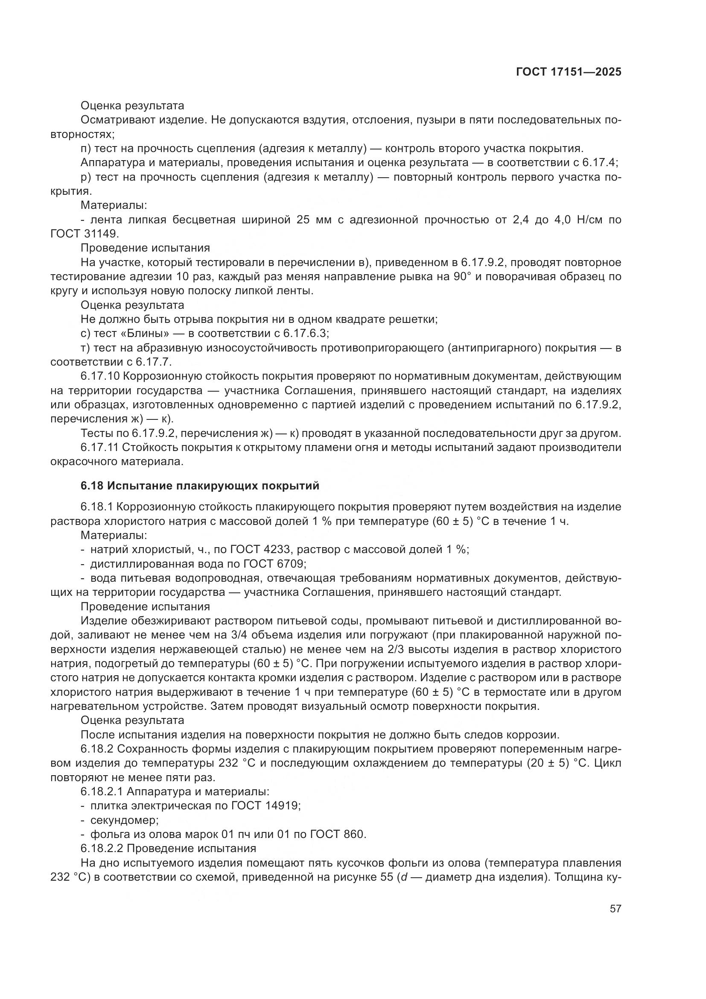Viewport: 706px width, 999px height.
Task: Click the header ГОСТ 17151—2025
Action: pos(569,72)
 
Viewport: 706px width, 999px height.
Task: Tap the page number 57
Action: pos(615,908)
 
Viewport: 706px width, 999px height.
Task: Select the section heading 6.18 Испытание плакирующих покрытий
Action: pos(200,486)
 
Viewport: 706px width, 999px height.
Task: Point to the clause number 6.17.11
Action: pos(99,447)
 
